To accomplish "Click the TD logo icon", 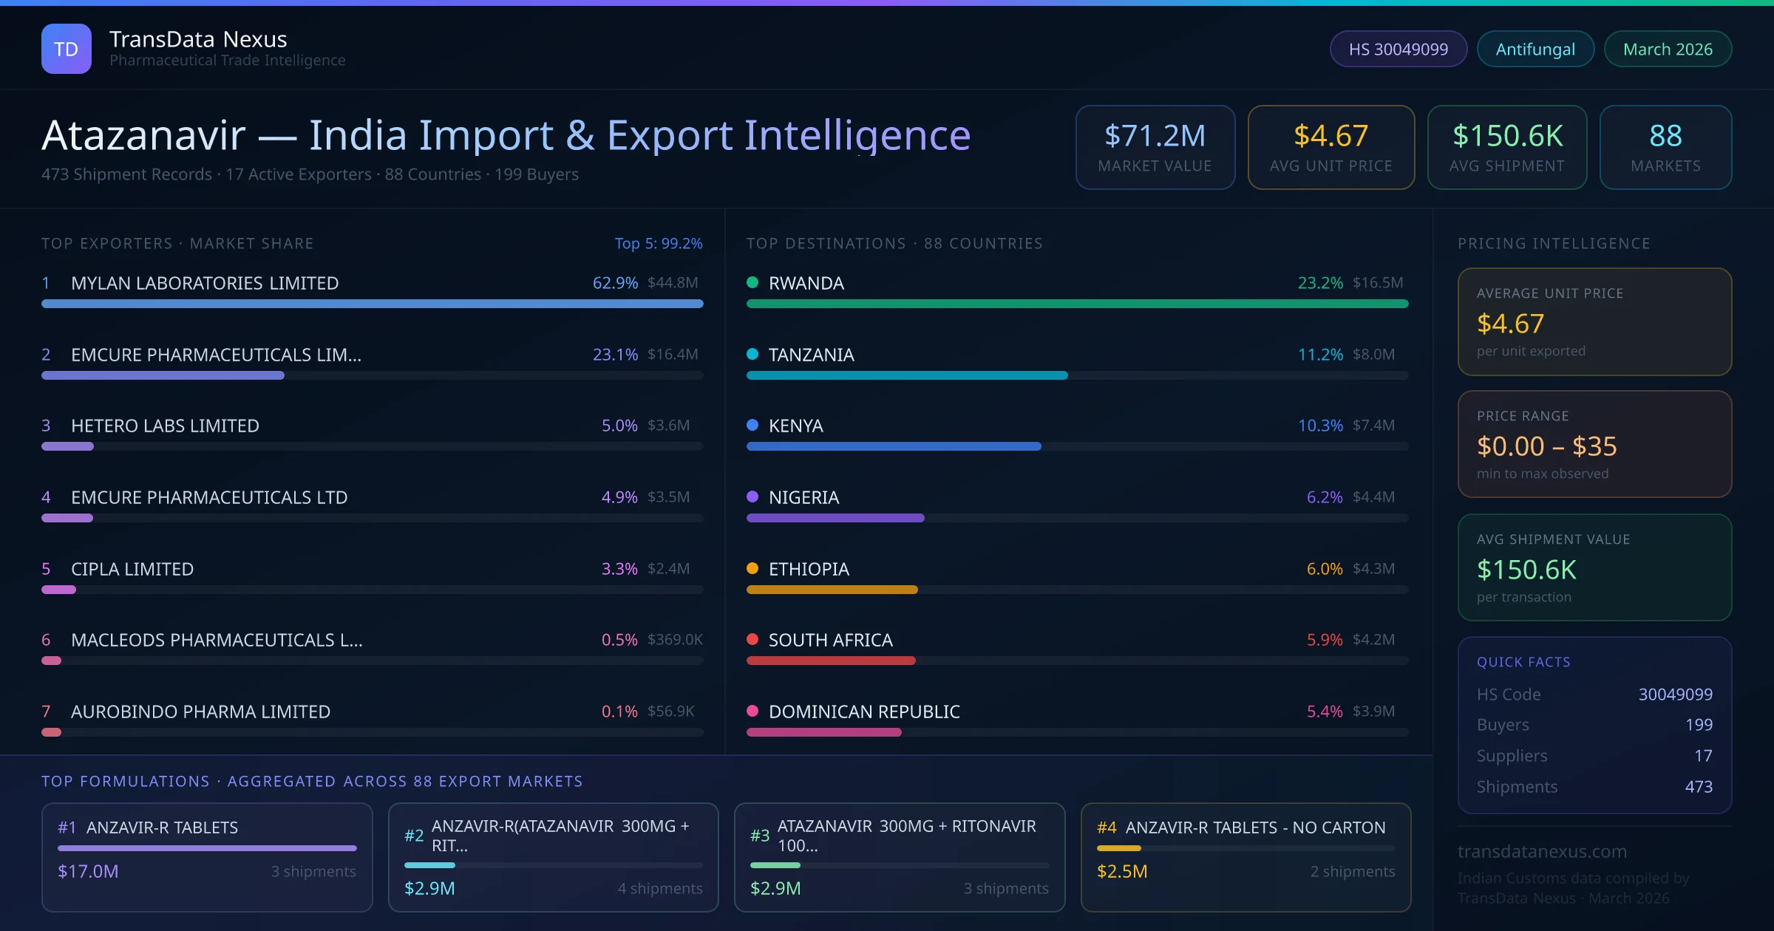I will tap(67, 49).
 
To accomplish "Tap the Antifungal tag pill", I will tap(1535, 49).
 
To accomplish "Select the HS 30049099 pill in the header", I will tap(1398, 49).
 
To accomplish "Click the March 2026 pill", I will tap(1668, 49).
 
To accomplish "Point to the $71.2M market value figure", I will tap(1155, 136).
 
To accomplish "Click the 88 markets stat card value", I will tap(1665, 136).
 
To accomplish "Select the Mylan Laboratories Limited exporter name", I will tap(205, 283).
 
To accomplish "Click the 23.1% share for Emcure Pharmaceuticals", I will tap(615, 355).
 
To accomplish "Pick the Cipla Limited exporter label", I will tap(132, 569).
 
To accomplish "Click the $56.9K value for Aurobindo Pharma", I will tap(670, 712).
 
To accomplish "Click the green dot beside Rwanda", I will tap(752, 282).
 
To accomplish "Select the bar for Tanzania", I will tap(907, 375).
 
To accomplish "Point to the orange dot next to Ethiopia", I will tap(752, 568).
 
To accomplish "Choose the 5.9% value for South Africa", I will tap(1325, 640).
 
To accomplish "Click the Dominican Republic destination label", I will tap(864, 712).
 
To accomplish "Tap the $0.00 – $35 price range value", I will tap(1546, 446).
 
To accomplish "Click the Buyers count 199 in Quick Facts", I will tap(1699, 725).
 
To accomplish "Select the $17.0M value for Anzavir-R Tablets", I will tap(88, 871).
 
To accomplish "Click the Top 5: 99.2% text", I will tap(659, 244).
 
